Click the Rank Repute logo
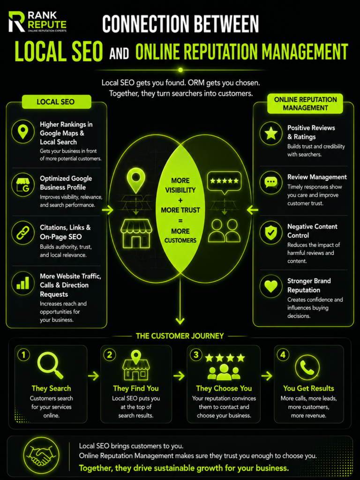pyautogui.click(x=37, y=22)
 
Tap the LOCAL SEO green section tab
pyautogui.click(x=56, y=102)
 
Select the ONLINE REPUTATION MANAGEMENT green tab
pyautogui.click(x=305, y=104)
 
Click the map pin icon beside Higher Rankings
pyautogui.click(x=23, y=132)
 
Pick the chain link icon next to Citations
pyautogui.click(x=23, y=232)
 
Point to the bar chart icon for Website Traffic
pyautogui.click(x=23, y=283)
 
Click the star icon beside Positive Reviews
pyautogui.click(x=271, y=133)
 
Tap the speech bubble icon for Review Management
pyautogui.click(x=271, y=183)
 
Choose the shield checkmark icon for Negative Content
pyautogui.click(x=271, y=232)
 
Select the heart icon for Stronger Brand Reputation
pyautogui.click(x=271, y=286)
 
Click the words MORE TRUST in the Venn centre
pyautogui.click(x=180, y=210)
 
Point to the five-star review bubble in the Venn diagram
pyautogui.click(x=225, y=183)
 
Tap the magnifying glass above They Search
pyautogui.click(x=50, y=365)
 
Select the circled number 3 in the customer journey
pyautogui.click(x=196, y=355)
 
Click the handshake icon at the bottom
pyautogui.click(x=41, y=456)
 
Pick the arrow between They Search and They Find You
pyautogui.click(x=93, y=375)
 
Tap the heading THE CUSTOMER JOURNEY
pyautogui.click(x=180, y=336)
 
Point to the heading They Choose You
pyautogui.click(x=224, y=389)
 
